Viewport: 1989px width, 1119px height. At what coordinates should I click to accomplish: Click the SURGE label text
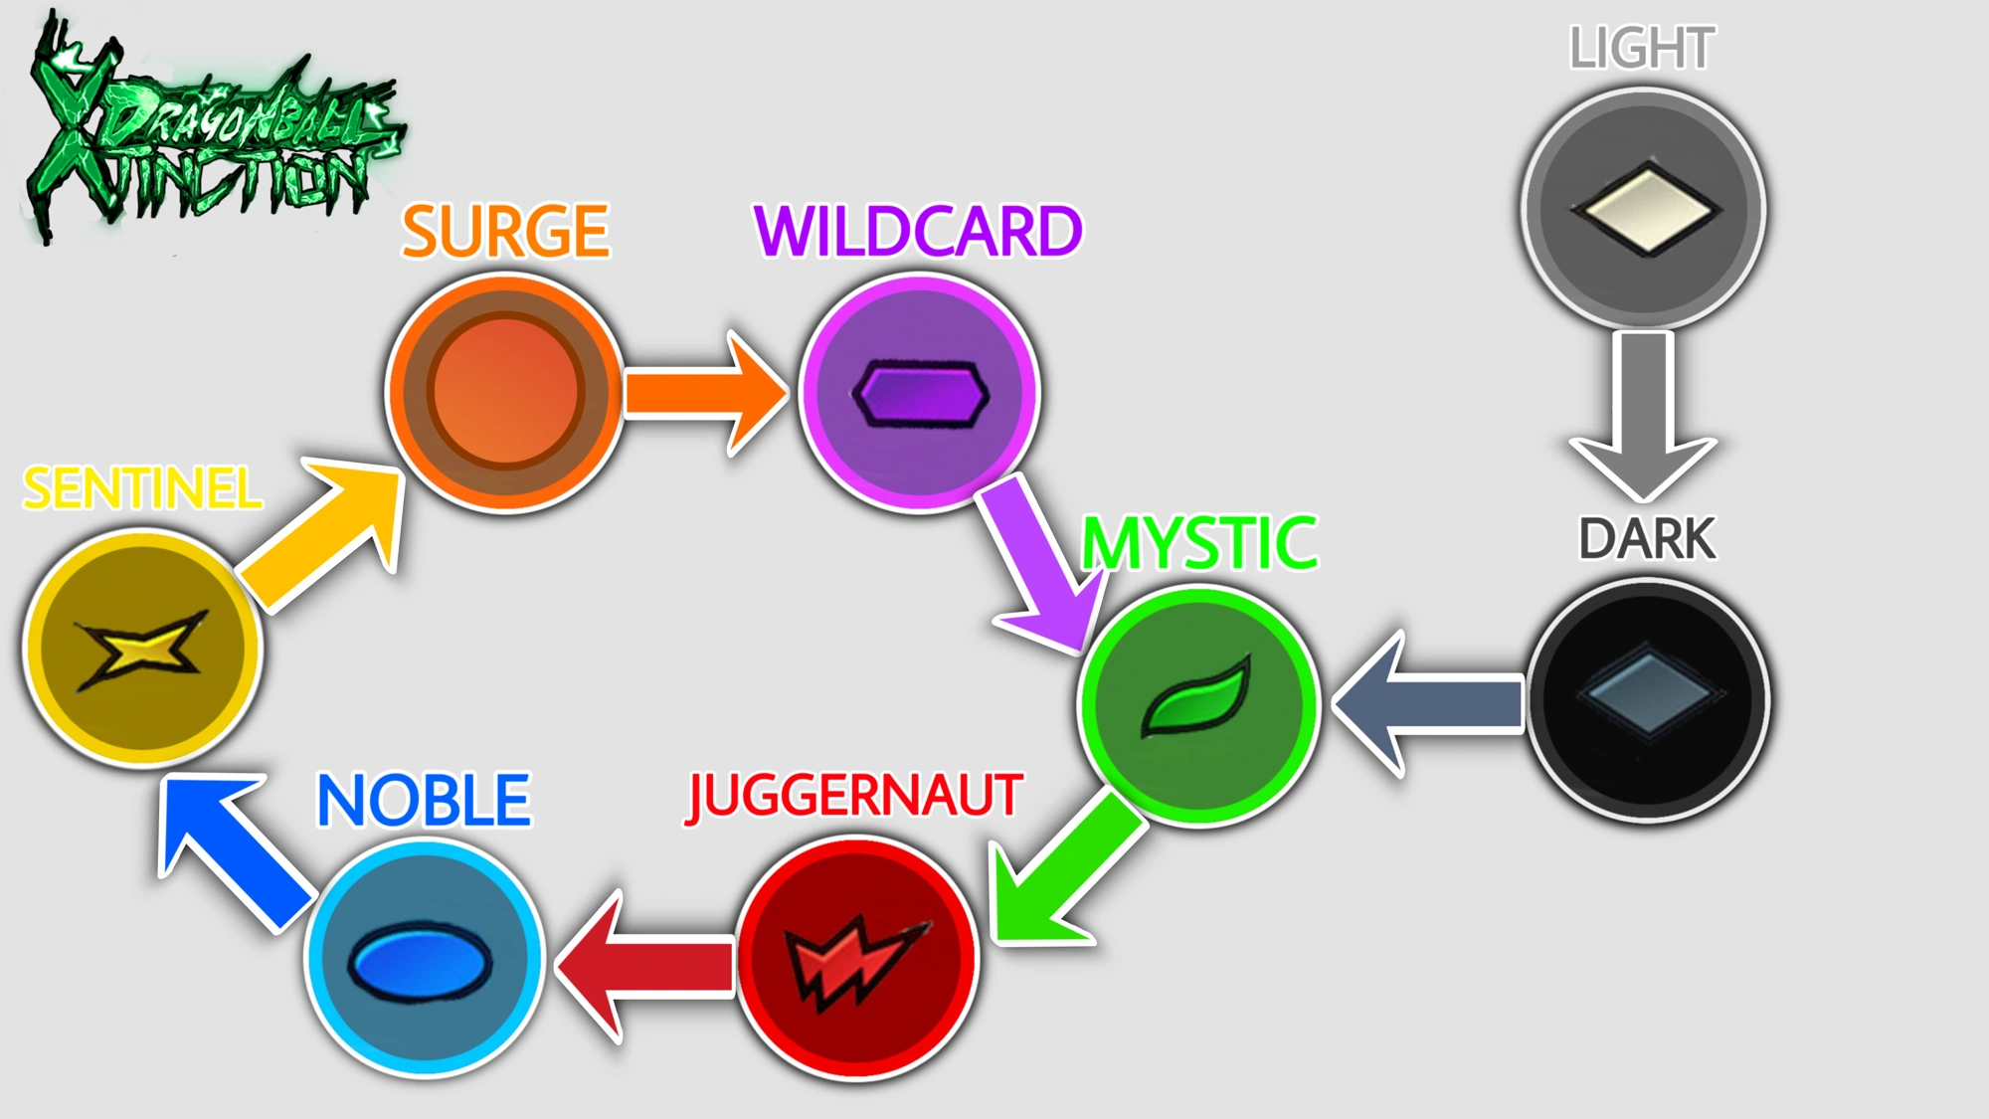tap(505, 232)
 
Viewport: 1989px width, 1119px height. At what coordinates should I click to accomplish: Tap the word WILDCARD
tap(918, 232)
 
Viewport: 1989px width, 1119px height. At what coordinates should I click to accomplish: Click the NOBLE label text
tap(424, 801)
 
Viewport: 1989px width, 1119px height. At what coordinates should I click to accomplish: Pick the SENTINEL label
tap(142, 488)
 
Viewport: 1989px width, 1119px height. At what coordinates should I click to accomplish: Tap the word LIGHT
tap(1643, 48)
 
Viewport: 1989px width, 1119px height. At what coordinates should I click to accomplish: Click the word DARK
tap(1647, 539)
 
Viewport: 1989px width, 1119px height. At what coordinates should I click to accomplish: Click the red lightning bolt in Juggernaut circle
tap(855, 961)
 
